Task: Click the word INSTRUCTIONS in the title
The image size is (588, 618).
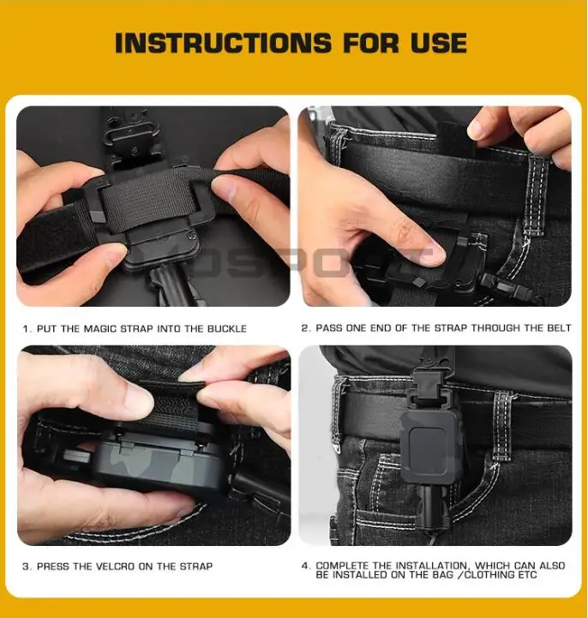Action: (x=223, y=43)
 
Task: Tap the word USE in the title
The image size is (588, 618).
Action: (x=439, y=43)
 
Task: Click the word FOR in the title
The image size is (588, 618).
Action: (x=371, y=43)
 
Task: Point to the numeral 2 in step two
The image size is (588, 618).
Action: (x=304, y=328)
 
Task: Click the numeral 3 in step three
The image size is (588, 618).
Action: (x=26, y=567)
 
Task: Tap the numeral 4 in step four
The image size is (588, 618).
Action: (x=304, y=566)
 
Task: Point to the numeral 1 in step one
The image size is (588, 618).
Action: (x=26, y=328)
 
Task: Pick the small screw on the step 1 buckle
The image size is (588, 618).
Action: (x=192, y=236)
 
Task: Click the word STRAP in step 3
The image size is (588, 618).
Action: (x=196, y=567)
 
